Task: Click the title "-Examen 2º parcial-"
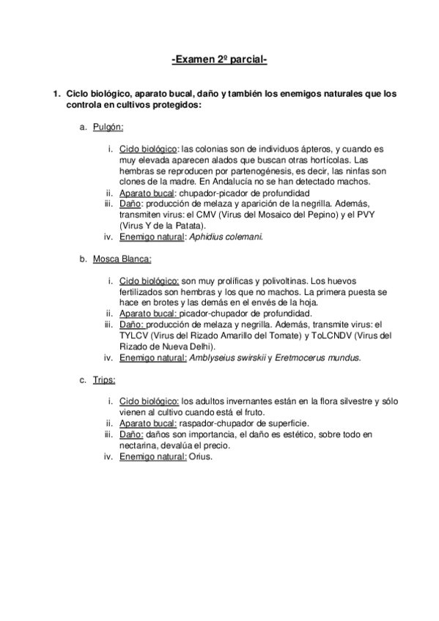[219, 58]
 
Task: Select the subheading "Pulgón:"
[108, 127]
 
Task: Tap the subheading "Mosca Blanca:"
[122, 259]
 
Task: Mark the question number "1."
[53, 94]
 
